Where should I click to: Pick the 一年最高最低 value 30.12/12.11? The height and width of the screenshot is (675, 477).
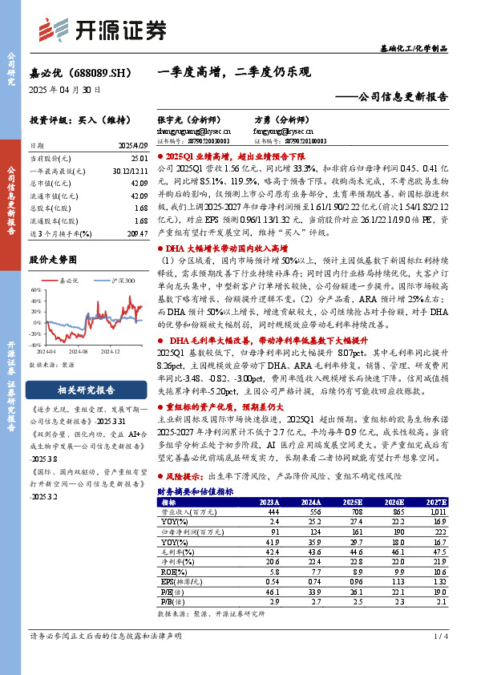[x=129, y=172]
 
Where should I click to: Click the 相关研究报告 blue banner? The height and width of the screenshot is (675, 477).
[x=86, y=390]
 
